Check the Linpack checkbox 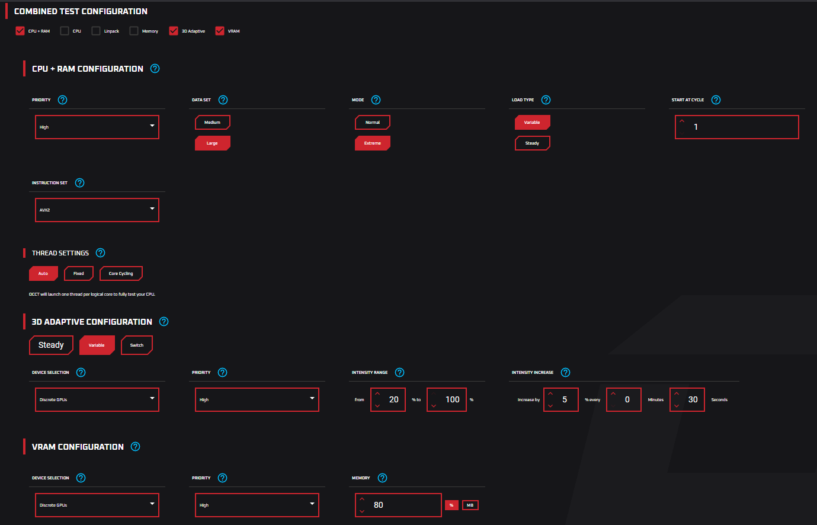click(x=96, y=31)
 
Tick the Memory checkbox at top click(x=134, y=31)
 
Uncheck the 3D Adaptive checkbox click(x=174, y=31)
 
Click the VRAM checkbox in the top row click(x=220, y=31)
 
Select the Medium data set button click(x=212, y=123)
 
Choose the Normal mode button click(x=372, y=123)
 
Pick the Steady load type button click(x=532, y=143)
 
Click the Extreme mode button click(x=372, y=143)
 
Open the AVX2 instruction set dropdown click(x=97, y=210)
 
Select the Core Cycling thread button click(x=121, y=274)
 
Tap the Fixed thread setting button click(x=79, y=274)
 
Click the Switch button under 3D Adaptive click(x=137, y=345)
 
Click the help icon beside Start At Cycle click(x=716, y=100)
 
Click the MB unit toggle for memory click(x=470, y=505)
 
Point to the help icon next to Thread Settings click(x=101, y=253)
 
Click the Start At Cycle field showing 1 click(x=741, y=127)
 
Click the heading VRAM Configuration click(x=78, y=447)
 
